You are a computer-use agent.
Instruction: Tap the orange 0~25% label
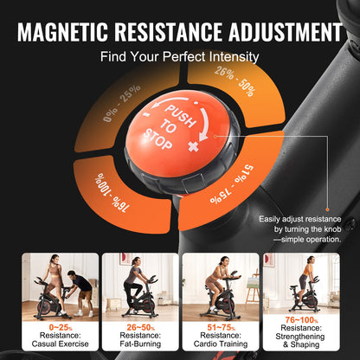click(48, 329)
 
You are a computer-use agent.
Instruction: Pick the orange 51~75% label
click(223, 329)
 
